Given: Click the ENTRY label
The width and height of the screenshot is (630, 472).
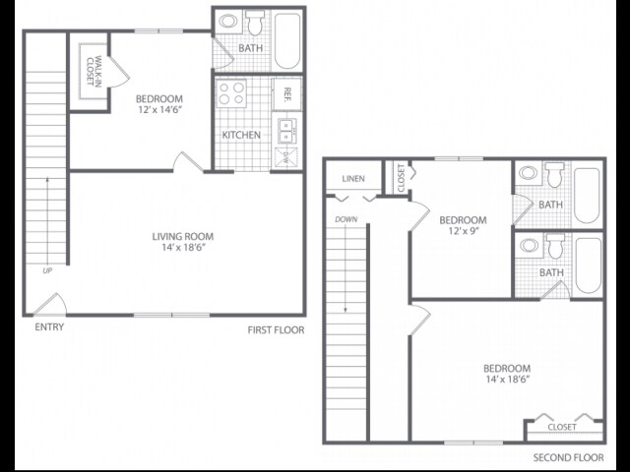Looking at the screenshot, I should click(x=49, y=327).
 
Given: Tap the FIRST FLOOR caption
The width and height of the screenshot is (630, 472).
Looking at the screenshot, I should click(x=276, y=330).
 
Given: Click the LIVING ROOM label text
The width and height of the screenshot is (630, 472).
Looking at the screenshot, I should click(x=183, y=236).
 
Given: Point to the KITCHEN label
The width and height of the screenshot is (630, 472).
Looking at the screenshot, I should click(x=241, y=135).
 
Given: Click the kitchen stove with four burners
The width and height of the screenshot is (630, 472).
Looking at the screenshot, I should click(x=231, y=93).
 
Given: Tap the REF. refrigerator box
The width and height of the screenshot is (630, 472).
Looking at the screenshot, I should click(x=287, y=93).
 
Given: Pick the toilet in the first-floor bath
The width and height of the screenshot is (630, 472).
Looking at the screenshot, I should click(x=254, y=22).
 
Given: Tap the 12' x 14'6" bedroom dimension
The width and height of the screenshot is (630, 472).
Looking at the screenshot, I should click(x=157, y=111).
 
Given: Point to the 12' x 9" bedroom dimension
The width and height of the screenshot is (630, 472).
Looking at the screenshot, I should click(x=462, y=232).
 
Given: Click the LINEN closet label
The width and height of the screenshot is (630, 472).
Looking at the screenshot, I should click(x=353, y=179).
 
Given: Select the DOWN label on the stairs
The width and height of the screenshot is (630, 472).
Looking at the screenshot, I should click(x=346, y=219).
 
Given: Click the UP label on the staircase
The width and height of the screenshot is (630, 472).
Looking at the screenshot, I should click(x=45, y=269).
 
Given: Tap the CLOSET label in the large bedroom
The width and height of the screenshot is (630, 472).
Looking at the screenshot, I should click(x=562, y=428).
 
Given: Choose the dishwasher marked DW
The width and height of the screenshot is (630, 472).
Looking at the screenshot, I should click(x=287, y=155).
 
